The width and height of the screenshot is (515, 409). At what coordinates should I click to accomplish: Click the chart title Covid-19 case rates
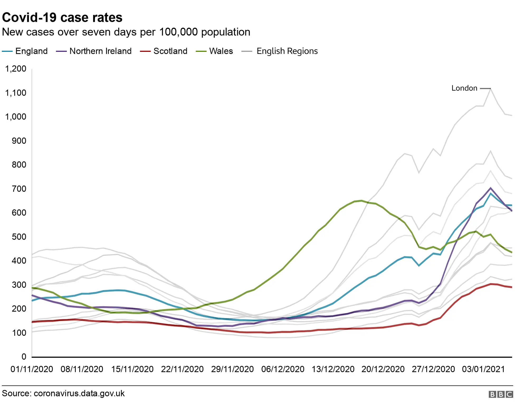[x=62, y=17]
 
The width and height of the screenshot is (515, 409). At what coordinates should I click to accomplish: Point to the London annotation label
[x=464, y=88]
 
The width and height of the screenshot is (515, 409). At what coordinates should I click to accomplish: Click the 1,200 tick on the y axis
[x=16, y=69]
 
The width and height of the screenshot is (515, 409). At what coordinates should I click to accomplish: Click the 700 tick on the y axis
[x=19, y=189]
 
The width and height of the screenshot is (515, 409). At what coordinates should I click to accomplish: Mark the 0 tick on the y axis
[x=24, y=357]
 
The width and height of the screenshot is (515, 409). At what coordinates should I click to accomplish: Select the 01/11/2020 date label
[x=32, y=369]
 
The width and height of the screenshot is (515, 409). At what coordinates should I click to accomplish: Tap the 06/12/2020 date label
[x=283, y=369]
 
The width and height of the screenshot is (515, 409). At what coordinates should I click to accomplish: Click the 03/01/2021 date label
[x=483, y=369]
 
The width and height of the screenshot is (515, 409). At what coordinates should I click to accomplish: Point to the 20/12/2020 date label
[x=383, y=369]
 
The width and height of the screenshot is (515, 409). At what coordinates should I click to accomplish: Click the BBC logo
[x=500, y=394]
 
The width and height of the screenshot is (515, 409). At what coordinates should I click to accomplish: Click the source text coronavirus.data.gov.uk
[x=79, y=393]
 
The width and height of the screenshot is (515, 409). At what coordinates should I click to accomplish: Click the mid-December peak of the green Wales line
[x=361, y=201]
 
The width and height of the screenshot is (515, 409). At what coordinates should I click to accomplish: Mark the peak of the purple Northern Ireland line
[x=490, y=188]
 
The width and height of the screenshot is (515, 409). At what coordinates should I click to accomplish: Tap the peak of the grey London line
[x=490, y=89]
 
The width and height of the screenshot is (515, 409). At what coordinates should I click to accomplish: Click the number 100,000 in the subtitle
[x=178, y=32]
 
